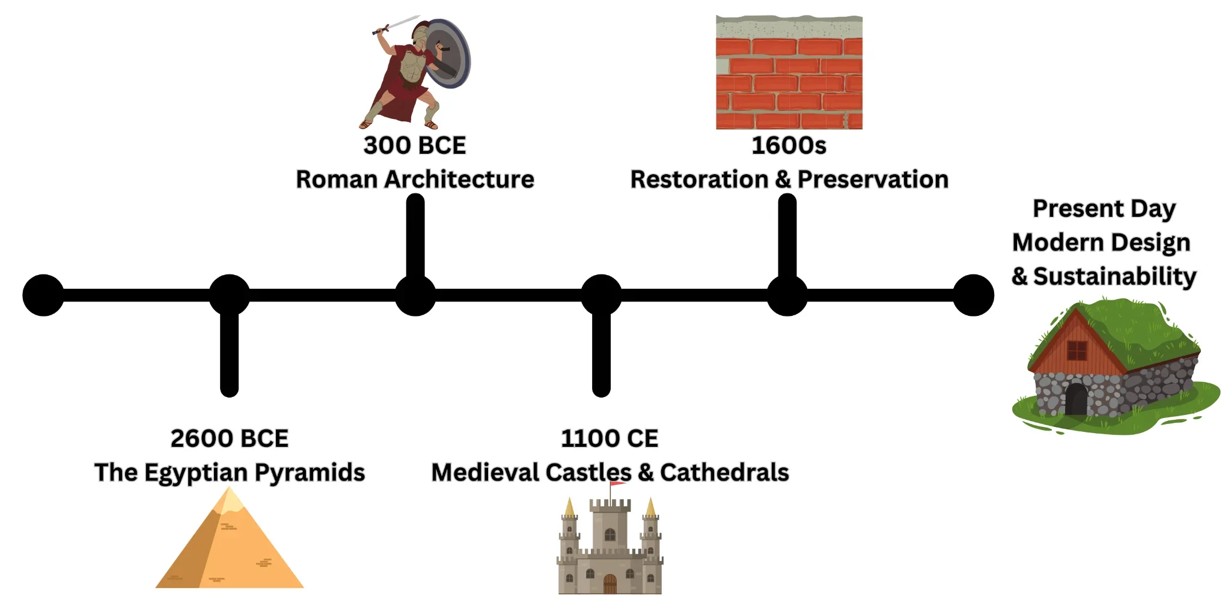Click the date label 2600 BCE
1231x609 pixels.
229,438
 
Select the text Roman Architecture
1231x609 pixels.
415,180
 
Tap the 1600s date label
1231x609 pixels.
789,145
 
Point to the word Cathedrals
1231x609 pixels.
724,473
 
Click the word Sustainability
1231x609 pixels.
1114,276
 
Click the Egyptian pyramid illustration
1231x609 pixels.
230,547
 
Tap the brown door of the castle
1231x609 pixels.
609,584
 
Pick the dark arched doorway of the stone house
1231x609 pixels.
1076,399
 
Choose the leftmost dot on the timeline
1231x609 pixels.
43,295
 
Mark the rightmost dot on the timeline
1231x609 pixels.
973,295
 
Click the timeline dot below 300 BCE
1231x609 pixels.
415,295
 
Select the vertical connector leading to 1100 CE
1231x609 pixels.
601,354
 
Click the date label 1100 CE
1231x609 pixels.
609,438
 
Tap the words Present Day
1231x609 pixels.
1104,209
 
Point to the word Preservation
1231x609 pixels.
873,180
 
